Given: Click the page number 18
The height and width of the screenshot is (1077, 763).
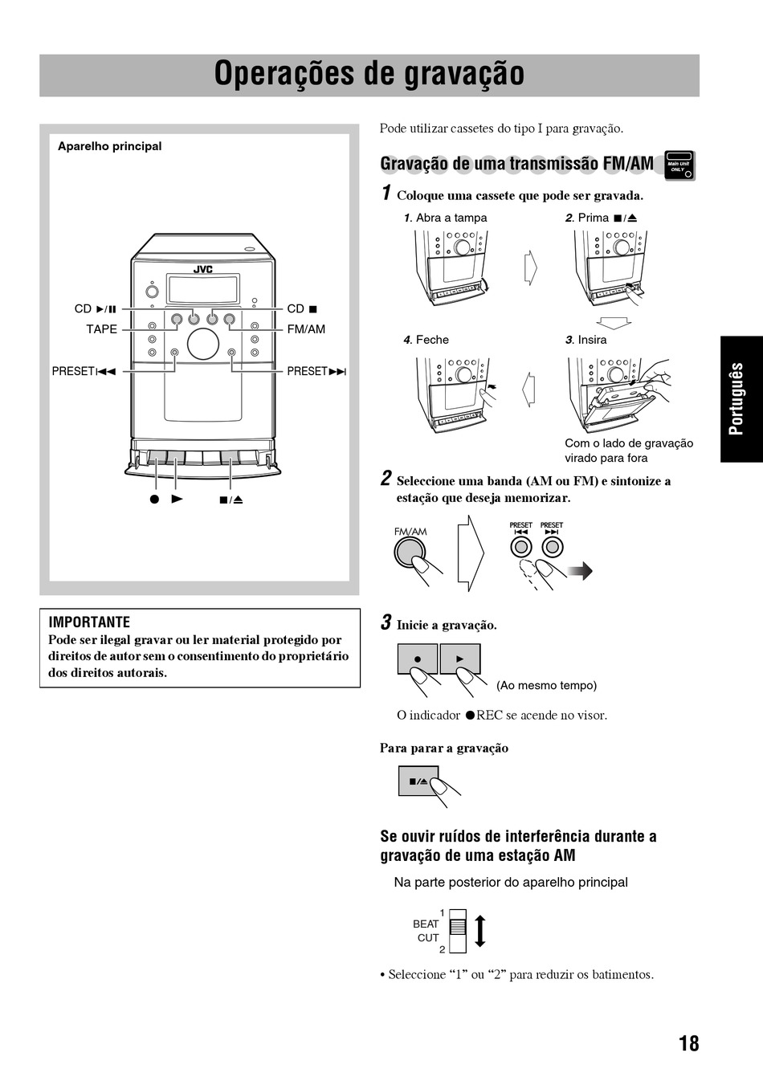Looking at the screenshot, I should point(688,1043).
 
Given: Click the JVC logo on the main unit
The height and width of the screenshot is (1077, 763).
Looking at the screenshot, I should point(202,270).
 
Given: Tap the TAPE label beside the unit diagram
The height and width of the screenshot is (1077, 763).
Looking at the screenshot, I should point(101,329).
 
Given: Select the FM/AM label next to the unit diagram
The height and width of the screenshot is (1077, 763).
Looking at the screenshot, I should point(306,329).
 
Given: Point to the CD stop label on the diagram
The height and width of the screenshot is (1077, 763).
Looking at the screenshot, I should point(302,308).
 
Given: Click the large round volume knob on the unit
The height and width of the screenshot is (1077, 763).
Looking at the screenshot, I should point(202,344).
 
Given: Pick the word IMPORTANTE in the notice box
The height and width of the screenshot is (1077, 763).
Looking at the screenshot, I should point(89,622).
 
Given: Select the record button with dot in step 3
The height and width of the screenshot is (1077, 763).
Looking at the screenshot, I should point(418,659).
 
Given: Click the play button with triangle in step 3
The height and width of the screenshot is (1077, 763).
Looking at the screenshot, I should point(460,659).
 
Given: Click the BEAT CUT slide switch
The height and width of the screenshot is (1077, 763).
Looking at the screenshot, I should point(457,930).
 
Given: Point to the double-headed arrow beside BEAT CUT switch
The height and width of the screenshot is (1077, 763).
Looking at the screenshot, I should point(480,931).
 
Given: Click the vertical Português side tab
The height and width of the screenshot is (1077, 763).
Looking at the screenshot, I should point(736,399).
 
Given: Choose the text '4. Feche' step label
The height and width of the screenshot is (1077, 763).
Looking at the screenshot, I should point(426,340).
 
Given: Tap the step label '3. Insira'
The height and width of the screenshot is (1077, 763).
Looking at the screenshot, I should point(586,340).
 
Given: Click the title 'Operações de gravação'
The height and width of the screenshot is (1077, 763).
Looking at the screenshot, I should point(369,74).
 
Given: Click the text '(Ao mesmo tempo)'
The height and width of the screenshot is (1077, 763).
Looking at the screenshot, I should point(546,685).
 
